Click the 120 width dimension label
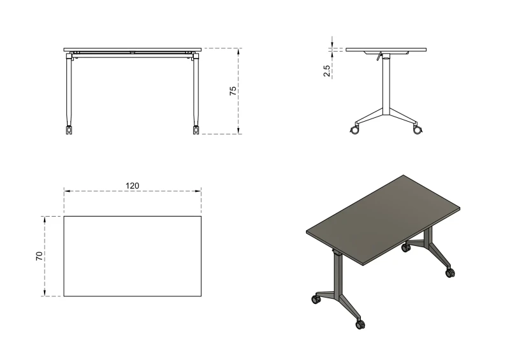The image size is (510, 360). [x=133, y=185]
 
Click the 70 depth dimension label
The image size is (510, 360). [x=39, y=256]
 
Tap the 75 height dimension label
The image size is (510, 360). [x=233, y=90]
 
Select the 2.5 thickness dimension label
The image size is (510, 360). [x=326, y=71]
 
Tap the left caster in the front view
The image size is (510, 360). [x=69, y=130]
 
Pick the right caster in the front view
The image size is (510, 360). [x=196, y=130]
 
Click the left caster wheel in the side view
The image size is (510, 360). [x=354, y=130]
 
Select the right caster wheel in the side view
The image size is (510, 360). [x=417, y=130]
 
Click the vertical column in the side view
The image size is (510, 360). [x=386, y=87]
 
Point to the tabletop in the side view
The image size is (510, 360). [x=386, y=50]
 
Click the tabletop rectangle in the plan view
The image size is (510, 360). [x=133, y=256]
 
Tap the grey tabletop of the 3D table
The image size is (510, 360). [x=383, y=220]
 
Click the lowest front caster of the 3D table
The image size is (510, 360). [x=360, y=324]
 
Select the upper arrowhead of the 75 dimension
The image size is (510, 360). [x=238, y=51]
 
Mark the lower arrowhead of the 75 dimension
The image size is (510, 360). [x=238, y=131]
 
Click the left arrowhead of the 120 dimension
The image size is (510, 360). [x=67, y=191]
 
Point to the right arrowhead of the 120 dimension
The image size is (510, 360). [x=198, y=191]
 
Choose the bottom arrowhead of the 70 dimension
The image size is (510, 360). [x=45, y=293]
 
